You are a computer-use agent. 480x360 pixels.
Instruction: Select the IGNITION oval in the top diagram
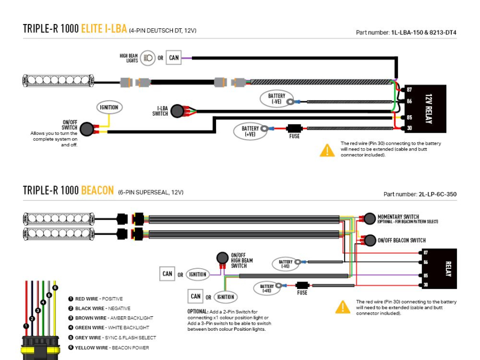pyautogui.click(x=109, y=107)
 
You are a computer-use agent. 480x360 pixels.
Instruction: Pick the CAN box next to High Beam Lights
pyautogui.click(x=174, y=58)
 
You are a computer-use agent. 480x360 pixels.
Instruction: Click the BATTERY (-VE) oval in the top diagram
pyautogui.click(x=276, y=99)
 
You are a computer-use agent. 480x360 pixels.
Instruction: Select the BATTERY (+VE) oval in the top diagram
pyautogui.click(x=250, y=131)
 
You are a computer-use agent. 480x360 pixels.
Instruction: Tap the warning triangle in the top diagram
pyautogui.click(x=327, y=150)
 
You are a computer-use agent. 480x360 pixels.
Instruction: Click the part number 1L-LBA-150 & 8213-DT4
pyautogui.click(x=424, y=33)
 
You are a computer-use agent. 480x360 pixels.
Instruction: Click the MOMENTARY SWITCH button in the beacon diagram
pyautogui.click(x=369, y=218)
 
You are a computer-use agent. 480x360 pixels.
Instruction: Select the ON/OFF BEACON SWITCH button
pyautogui.click(x=369, y=240)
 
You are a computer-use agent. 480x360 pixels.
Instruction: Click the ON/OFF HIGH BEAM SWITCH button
pyautogui.click(x=222, y=259)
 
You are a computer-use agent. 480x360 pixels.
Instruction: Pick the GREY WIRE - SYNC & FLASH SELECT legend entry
pyautogui.click(x=112, y=338)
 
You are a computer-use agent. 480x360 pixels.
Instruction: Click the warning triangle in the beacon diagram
pyautogui.click(x=342, y=307)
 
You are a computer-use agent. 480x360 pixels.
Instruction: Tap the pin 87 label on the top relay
pyautogui.click(x=409, y=90)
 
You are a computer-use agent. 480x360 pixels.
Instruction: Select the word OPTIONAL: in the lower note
pyautogui.click(x=197, y=311)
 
